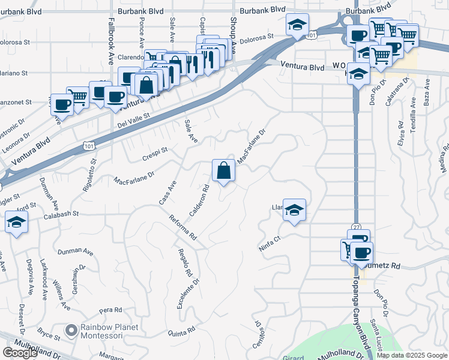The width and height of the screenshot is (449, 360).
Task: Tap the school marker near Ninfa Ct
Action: pos(294,211)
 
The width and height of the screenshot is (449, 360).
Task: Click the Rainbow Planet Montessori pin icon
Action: pos(72,331)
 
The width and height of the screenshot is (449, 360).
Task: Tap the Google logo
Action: pos(20,353)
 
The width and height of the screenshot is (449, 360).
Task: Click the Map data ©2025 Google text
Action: pos(412,355)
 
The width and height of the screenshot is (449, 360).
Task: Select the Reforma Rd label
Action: pos(183,227)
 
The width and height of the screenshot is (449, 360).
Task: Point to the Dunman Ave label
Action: pos(76,251)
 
